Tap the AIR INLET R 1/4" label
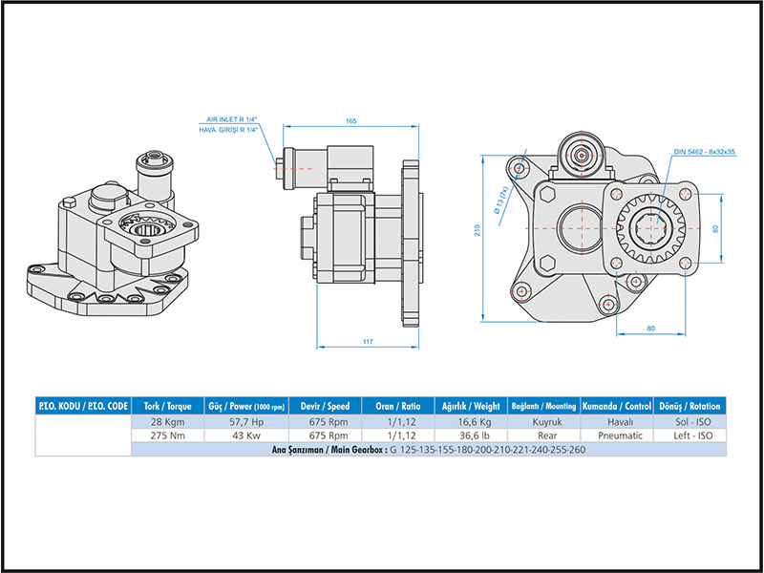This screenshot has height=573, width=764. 233,119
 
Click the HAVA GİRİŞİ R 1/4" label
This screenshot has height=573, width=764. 228,129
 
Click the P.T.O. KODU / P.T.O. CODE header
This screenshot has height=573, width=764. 82,405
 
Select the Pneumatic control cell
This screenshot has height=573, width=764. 618,435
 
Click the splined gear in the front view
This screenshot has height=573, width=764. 653,229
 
